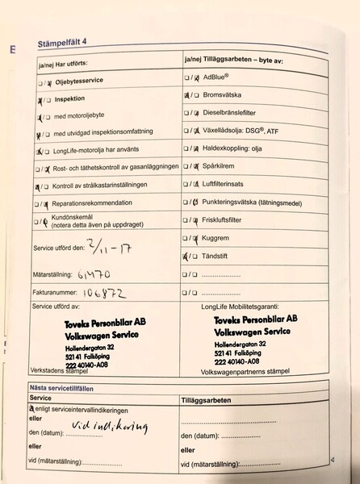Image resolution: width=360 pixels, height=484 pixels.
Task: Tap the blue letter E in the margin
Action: pos(14,48)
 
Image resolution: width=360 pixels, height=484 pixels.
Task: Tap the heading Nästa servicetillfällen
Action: pos(71,388)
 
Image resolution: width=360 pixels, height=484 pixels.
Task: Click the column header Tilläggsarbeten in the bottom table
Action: pos(209,399)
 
